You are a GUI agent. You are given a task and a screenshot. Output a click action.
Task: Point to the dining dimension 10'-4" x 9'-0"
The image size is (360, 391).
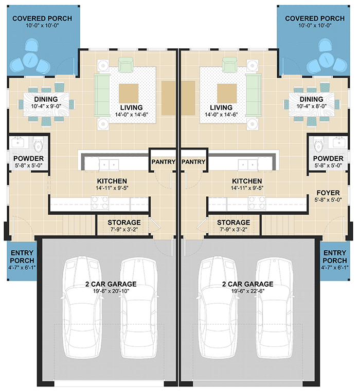(46, 106)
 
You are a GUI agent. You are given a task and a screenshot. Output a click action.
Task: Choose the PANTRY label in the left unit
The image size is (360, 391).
(164, 162)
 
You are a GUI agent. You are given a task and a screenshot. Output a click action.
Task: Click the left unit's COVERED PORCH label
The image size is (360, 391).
(42, 19)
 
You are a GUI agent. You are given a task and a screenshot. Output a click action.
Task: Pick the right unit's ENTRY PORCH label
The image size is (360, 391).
(335, 257)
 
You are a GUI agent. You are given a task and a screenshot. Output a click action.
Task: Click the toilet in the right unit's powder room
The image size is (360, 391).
(319, 143)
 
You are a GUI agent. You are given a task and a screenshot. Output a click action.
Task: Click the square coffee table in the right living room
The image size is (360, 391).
(227, 94)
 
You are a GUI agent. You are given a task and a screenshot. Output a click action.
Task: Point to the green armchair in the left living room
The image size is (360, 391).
(126, 65)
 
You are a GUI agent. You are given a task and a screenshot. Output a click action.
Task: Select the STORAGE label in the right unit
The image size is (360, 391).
(229, 222)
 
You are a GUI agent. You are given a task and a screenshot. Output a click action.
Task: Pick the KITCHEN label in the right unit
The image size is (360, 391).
(247, 181)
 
